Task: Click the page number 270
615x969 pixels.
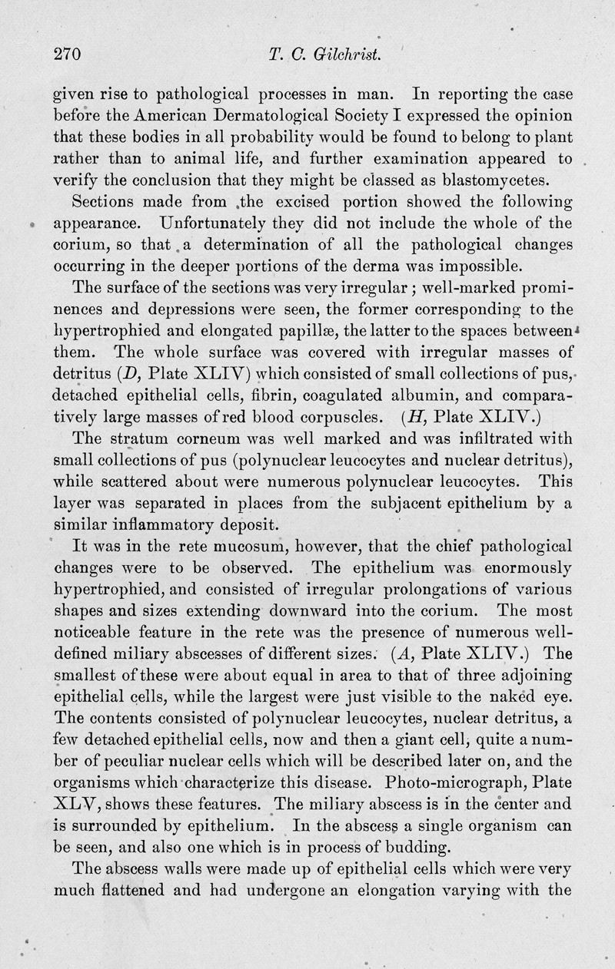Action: click(67, 55)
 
